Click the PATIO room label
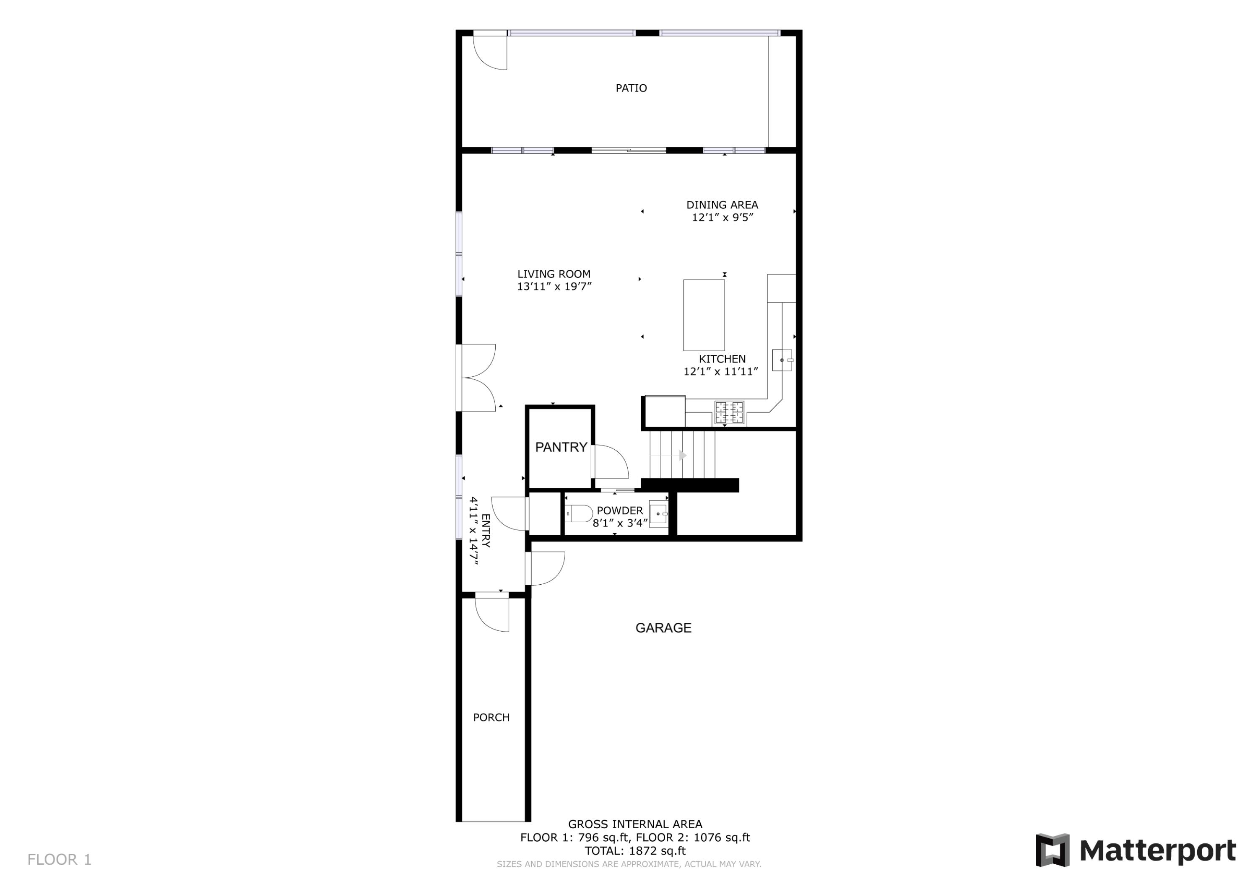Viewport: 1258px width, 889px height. pyautogui.click(x=631, y=88)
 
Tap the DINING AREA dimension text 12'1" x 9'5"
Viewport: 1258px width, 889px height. pyautogui.click(x=722, y=218)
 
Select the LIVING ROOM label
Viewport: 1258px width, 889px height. pyautogui.click(x=554, y=274)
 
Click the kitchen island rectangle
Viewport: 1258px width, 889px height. pyautogui.click(x=704, y=315)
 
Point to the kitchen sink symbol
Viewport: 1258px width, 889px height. pyautogui.click(x=782, y=360)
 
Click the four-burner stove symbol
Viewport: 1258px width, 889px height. pyautogui.click(x=729, y=412)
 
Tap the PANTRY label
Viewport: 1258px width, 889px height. pyautogui.click(x=561, y=447)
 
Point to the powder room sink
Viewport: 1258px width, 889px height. pyautogui.click(x=658, y=514)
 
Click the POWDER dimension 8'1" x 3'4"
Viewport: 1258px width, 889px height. pyautogui.click(x=620, y=523)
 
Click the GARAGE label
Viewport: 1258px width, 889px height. pyautogui.click(x=663, y=628)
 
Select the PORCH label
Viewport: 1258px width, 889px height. pyautogui.click(x=491, y=717)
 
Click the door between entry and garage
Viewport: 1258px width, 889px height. pyautogui.click(x=546, y=568)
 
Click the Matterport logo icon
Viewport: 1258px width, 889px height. pyautogui.click(x=1052, y=850)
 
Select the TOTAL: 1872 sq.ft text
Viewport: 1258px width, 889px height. pyautogui.click(x=634, y=851)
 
